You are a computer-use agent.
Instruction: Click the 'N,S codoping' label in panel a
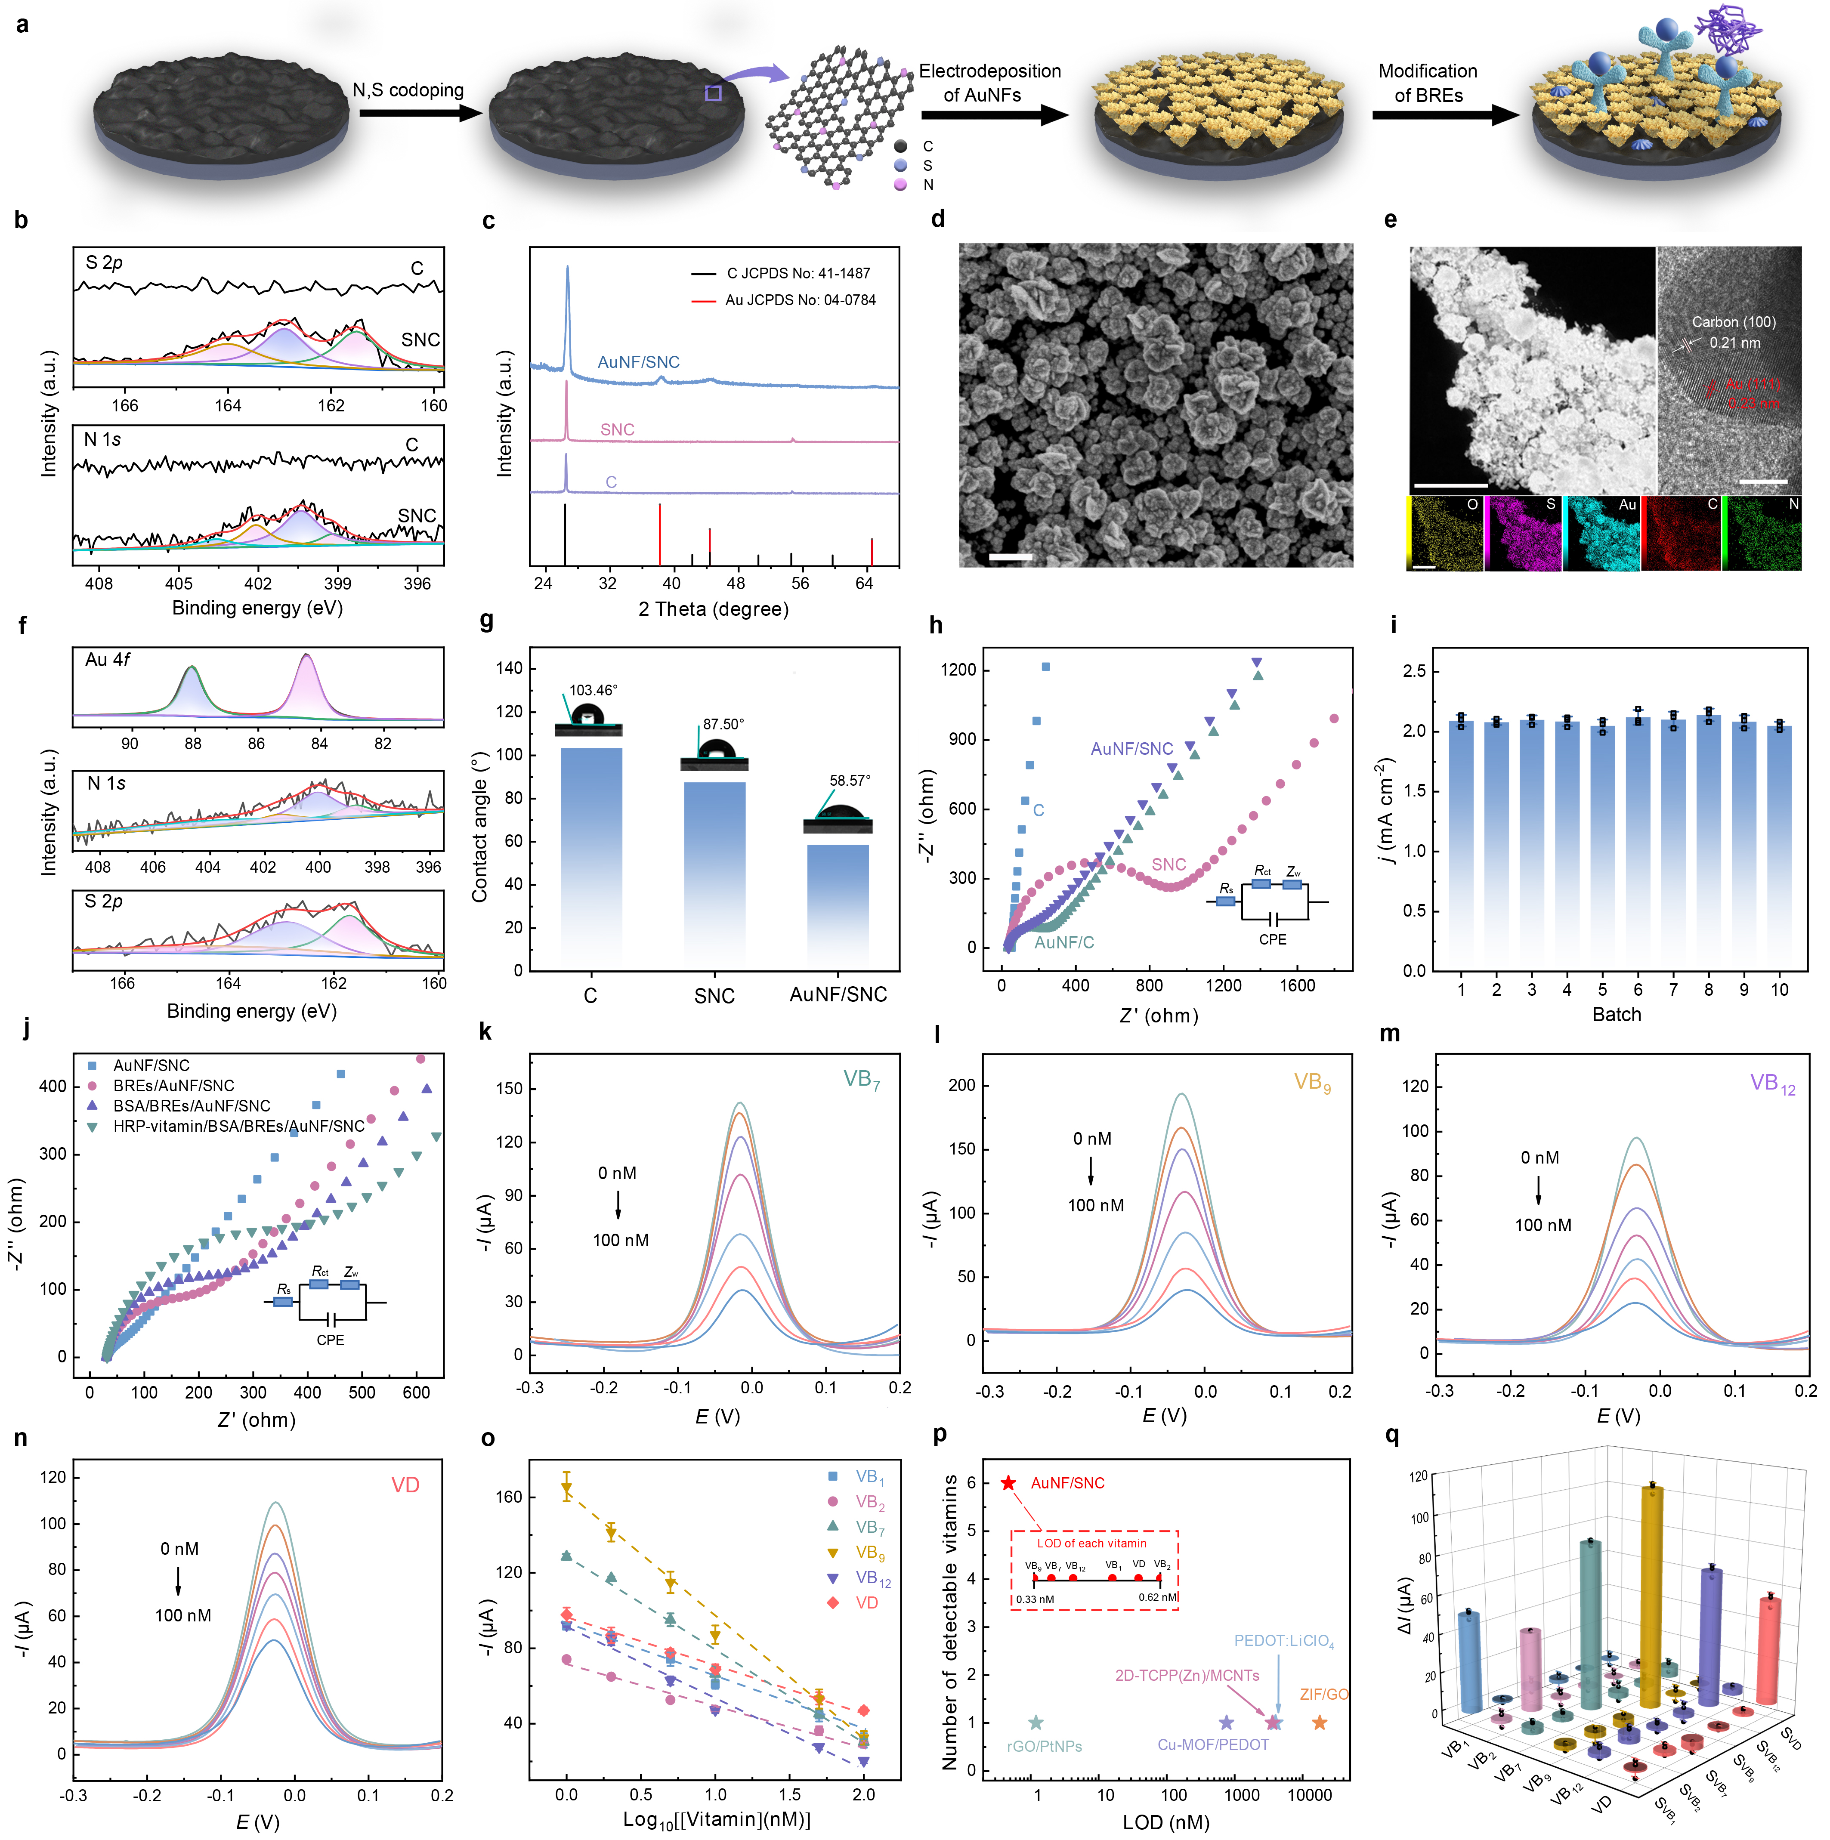pos(408,90)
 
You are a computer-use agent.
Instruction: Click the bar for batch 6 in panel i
pos(1638,848)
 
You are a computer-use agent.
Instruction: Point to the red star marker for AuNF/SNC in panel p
pos(1008,1483)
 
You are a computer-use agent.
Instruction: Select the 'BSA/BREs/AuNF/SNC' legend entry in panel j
pos(192,1106)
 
